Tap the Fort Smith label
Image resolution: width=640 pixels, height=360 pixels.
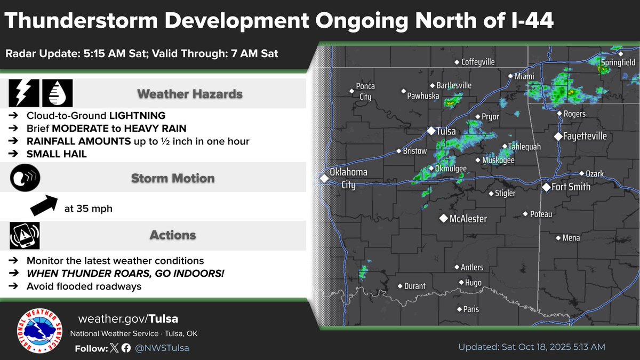pos(571,187)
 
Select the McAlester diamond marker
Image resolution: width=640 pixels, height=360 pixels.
pos(443,218)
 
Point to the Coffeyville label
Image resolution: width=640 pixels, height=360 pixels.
pos(478,62)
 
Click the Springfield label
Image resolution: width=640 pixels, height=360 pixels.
pos(619,62)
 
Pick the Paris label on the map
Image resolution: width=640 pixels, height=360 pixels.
pos(471,309)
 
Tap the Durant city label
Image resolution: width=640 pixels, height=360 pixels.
pos(414,286)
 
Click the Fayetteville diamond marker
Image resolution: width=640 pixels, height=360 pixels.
pos(558,137)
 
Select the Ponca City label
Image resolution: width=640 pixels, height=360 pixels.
pos(365,91)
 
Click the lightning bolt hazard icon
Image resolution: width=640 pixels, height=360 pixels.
pos(23,93)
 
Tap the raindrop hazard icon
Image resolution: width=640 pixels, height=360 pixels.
pos(57,93)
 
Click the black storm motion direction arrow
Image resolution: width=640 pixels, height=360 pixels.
pos(43,205)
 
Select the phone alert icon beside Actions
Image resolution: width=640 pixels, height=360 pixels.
pos(24,235)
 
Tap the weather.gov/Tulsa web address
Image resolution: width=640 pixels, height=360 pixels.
pos(128,319)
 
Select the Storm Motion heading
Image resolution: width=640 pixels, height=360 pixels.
pos(173,178)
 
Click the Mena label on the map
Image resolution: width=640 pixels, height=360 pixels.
pos(571,238)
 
